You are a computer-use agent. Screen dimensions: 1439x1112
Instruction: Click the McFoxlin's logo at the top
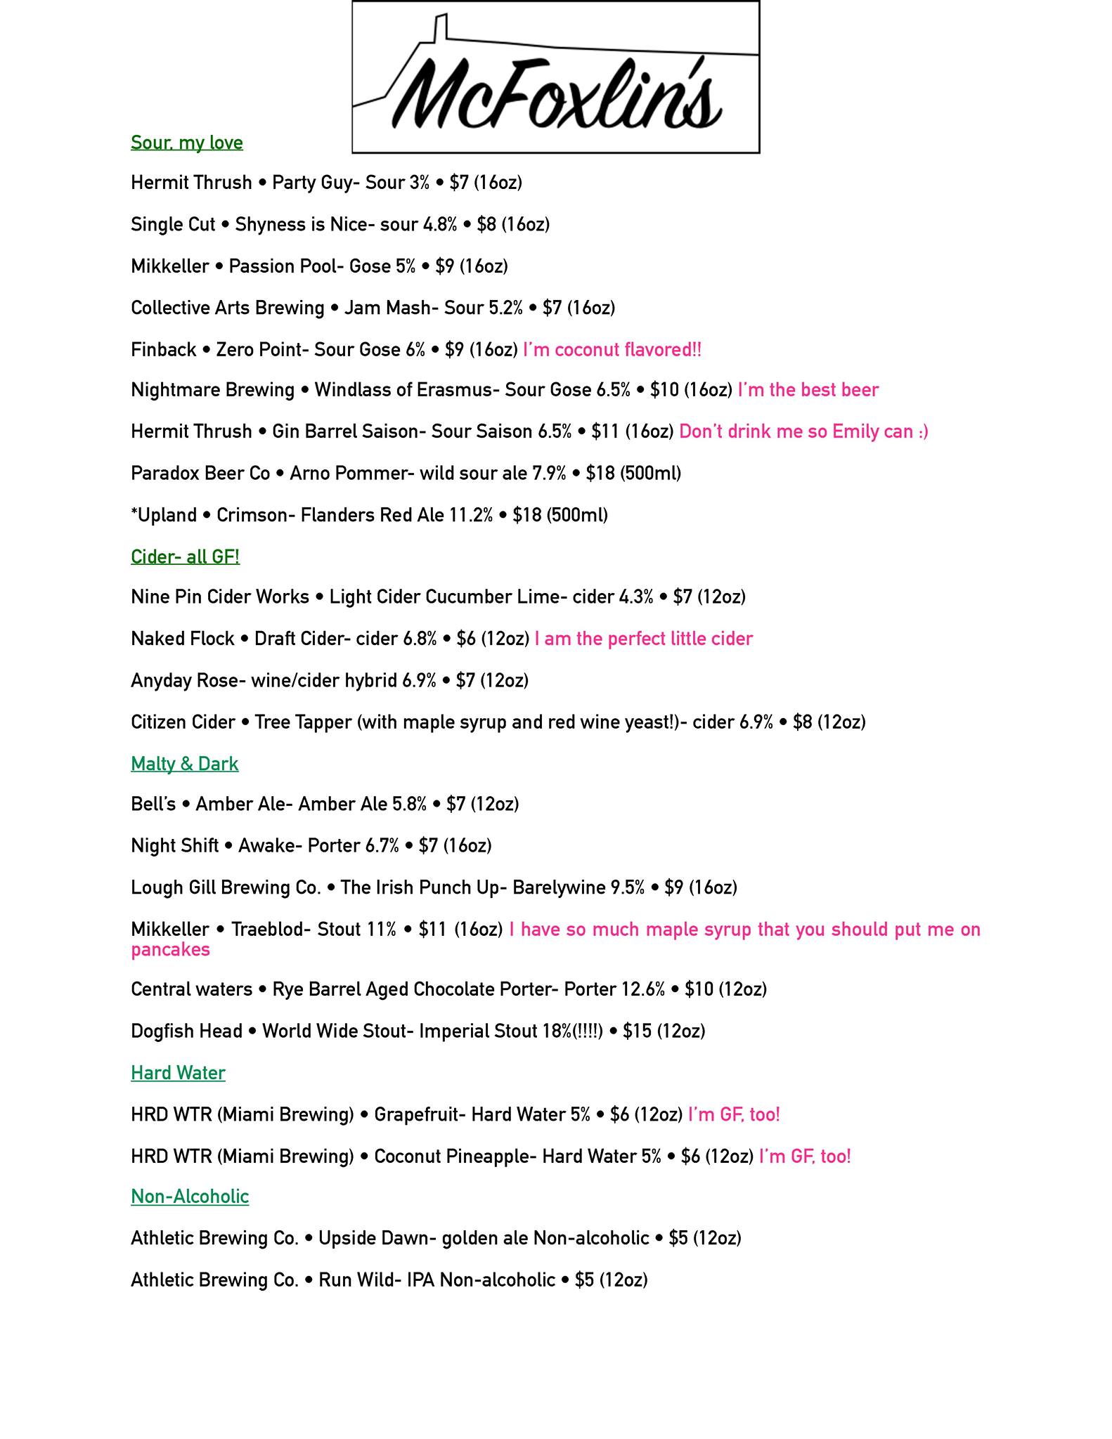555,77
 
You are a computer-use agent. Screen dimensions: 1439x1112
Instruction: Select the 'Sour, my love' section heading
187,143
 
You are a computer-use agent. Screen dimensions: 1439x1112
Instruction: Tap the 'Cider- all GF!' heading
185,556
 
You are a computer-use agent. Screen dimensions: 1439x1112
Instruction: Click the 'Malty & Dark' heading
184,764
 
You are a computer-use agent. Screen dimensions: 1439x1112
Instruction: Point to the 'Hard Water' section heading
178,1073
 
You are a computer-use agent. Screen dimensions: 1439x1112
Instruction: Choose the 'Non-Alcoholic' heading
190,1197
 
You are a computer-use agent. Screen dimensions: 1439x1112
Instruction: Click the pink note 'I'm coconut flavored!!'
612,350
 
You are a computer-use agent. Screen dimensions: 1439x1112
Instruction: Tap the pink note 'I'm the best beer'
808,390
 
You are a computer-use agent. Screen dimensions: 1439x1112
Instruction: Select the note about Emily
803,431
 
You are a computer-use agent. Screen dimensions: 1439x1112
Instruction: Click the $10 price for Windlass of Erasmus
664,390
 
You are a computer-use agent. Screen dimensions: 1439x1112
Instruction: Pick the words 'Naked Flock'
182,639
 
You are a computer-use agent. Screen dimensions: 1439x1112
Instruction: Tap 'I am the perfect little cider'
643,639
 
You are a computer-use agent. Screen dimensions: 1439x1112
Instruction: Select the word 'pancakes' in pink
170,950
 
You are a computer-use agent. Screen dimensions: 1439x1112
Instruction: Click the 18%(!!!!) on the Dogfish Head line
572,1031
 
